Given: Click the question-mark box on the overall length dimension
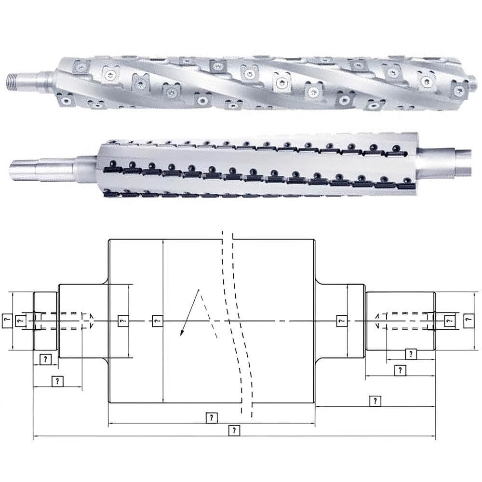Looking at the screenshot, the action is [234, 430].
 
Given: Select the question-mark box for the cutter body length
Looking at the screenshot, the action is [212, 418].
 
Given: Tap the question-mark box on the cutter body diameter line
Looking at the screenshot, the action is [158, 321].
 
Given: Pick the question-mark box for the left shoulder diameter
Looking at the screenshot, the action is [123, 321].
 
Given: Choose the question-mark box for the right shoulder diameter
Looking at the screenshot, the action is [342, 321].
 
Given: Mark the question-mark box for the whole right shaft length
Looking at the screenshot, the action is [375, 401].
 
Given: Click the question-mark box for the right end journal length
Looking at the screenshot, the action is [400, 370].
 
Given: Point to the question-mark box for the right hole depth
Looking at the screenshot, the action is [411, 354].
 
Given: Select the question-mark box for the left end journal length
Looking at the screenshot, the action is [45, 359].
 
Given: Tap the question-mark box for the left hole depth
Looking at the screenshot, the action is [57, 381].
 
